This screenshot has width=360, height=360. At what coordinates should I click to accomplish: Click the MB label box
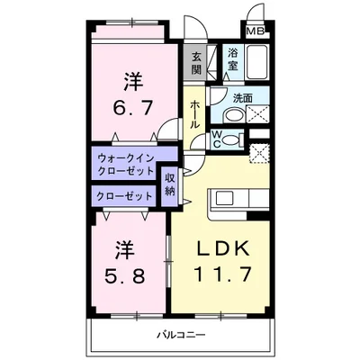click(256, 31)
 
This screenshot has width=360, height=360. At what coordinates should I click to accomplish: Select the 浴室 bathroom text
click(233, 59)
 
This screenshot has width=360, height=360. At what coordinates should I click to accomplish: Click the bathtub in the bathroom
click(257, 63)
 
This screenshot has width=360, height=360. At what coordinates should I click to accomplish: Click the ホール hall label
click(195, 113)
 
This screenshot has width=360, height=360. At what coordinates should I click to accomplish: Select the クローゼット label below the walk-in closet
click(125, 195)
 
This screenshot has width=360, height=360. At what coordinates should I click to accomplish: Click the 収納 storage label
click(170, 184)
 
